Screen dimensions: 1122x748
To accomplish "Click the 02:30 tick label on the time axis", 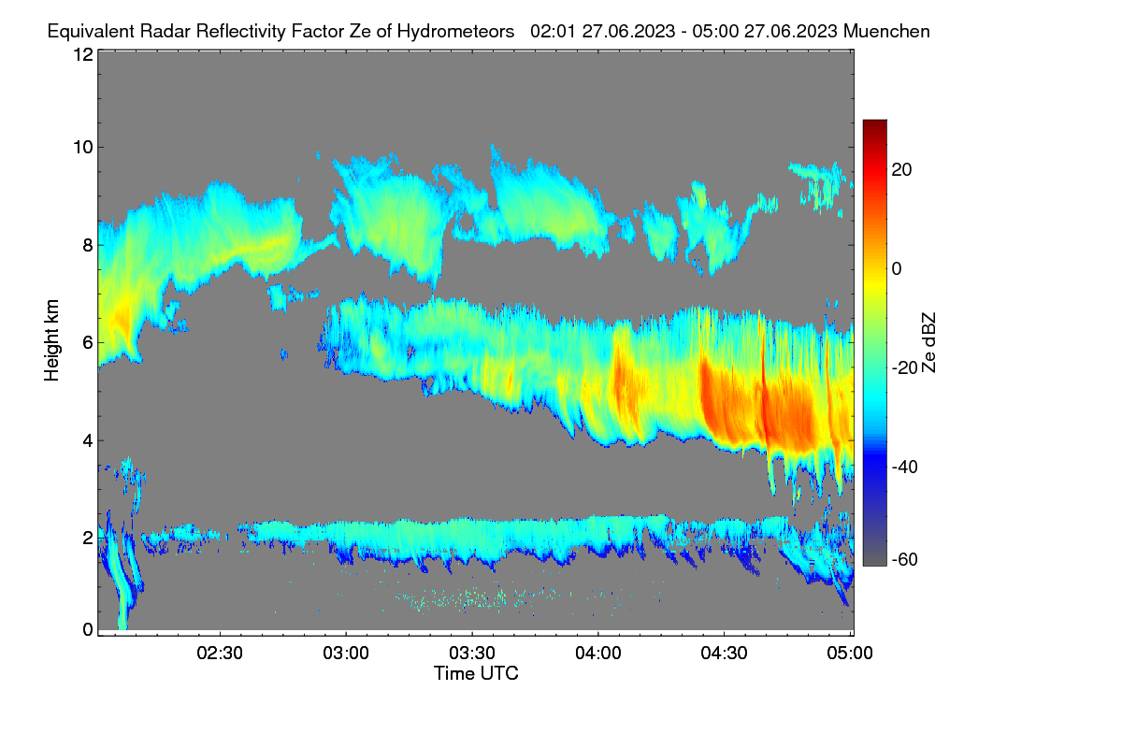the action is (220, 654).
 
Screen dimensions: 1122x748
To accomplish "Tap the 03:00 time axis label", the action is (346, 654).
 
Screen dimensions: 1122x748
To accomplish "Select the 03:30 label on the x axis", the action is (472, 654).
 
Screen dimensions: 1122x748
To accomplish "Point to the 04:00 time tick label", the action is (598, 654).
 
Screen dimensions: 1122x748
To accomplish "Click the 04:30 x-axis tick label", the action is (724, 654).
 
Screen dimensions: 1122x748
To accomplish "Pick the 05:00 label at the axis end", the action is (850, 654).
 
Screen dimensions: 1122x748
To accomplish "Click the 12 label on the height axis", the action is (83, 54).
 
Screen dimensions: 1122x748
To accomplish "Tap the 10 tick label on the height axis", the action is (83, 148).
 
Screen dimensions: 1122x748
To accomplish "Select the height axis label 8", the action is (88, 246).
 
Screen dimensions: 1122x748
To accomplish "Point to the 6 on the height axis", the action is (88, 343).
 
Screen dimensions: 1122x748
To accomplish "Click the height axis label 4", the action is (88, 441).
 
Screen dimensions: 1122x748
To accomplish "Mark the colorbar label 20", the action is (901, 170).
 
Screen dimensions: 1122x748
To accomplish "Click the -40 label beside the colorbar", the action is (905, 467).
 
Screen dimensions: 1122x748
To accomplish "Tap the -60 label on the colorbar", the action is (905, 560).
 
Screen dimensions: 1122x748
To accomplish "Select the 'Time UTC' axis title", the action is (476, 674).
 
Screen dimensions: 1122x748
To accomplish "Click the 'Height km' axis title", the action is (51, 340).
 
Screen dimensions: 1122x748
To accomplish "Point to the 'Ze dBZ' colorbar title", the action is (928, 343).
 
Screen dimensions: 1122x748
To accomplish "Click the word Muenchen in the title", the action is (886, 32).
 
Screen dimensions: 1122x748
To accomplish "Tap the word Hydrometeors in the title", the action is (456, 32).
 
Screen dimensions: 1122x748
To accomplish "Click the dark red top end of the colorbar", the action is (874, 122).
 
